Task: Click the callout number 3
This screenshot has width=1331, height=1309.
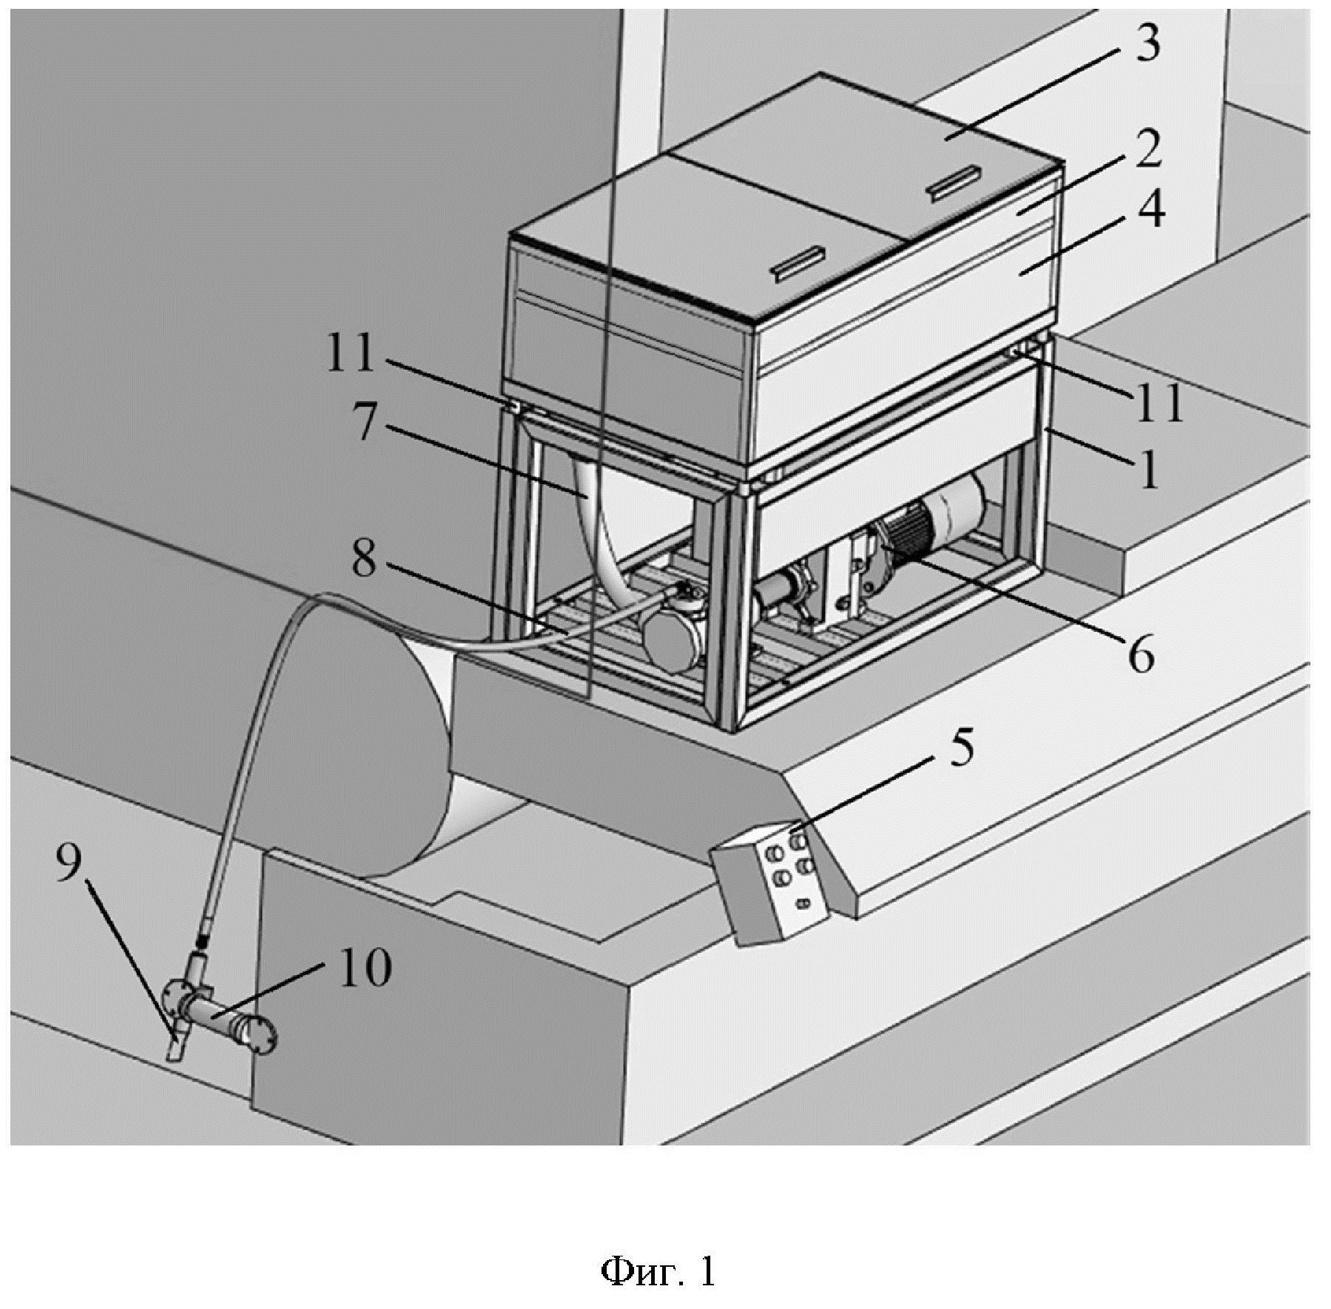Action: (x=1147, y=44)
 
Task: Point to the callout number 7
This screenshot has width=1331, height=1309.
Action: (x=364, y=423)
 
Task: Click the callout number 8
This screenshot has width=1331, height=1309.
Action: (x=364, y=560)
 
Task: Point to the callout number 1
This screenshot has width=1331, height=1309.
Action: (x=1148, y=469)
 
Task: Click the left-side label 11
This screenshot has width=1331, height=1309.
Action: (x=351, y=354)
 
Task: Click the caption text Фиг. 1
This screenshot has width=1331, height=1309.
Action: (x=658, y=1271)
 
